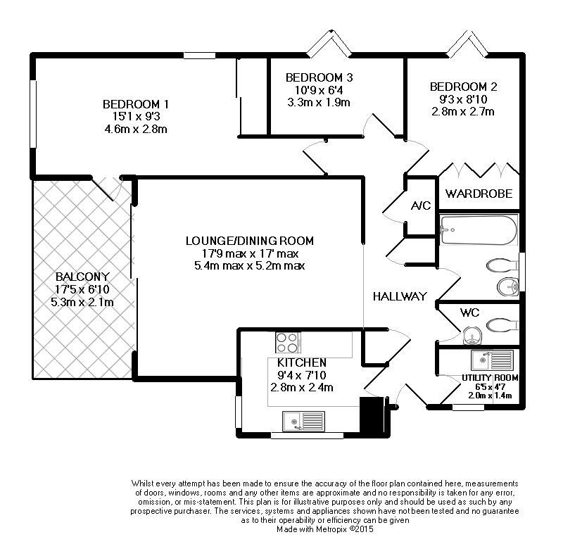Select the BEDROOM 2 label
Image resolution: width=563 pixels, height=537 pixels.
point(463,87)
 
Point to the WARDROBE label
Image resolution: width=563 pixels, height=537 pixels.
point(478,194)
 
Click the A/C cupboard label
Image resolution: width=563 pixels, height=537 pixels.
point(420,206)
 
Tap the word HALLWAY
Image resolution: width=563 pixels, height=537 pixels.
point(400,297)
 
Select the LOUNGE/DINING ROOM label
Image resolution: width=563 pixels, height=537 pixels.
point(250,241)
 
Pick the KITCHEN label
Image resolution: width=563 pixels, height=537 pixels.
point(301,362)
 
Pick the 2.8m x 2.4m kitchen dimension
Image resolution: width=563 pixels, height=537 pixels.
point(301,387)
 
